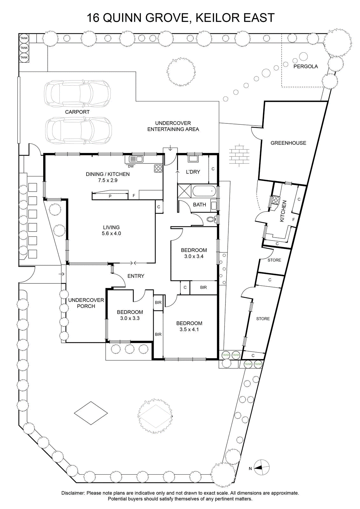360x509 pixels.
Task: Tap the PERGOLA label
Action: point(306,66)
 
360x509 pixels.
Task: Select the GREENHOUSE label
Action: point(288,143)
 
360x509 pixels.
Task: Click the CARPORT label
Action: point(77,112)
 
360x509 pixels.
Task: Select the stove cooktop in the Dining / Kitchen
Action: point(158,168)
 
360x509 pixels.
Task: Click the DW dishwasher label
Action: point(131,166)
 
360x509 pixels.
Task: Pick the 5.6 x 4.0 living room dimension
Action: point(111,234)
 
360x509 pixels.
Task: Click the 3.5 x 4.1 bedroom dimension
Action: point(189,330)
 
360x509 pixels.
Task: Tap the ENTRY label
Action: point(136,276)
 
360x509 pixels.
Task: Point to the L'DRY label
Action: point(193,172)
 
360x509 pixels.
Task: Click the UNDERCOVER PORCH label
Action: point(86,303)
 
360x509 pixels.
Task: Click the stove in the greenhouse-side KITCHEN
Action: point(276,200)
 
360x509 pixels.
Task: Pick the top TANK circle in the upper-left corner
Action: point(24,38)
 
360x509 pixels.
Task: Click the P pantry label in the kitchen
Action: point(110,196)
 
